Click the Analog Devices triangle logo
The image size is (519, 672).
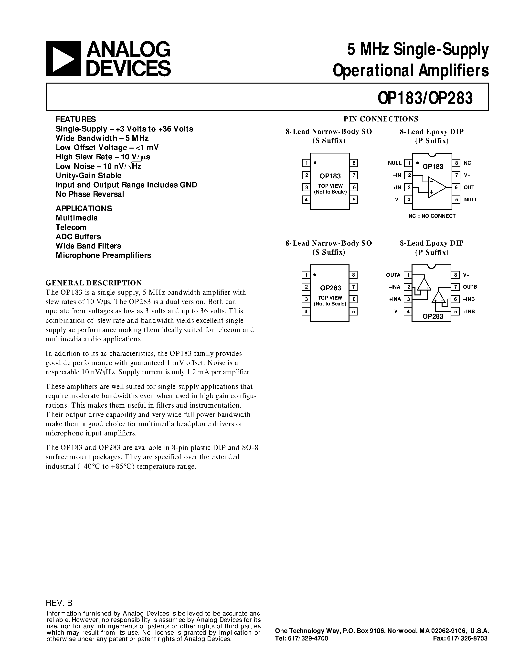(x=63, y=58)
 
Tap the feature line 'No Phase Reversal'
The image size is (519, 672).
(x=90, y=194)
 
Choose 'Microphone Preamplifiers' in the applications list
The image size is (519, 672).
(x=103, y=255)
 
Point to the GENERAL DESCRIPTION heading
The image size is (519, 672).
(x=94, y=283)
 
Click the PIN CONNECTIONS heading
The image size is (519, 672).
(x=381, y=119)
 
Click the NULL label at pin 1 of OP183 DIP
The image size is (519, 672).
(x=394, y=163)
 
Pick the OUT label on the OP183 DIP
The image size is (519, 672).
(x=469, y=187)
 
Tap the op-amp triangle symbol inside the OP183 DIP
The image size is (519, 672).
(x=436, y=187)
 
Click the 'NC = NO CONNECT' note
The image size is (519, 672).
(x=432, y=216)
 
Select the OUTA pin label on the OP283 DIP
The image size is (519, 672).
(x=393, y=275)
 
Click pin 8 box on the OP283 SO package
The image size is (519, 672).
(x=354, y=275)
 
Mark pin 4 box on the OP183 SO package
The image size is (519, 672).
(x=306, y=200)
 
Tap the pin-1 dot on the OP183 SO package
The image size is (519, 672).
(x=315, y=163)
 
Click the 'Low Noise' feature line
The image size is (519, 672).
(x=98, y=166)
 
